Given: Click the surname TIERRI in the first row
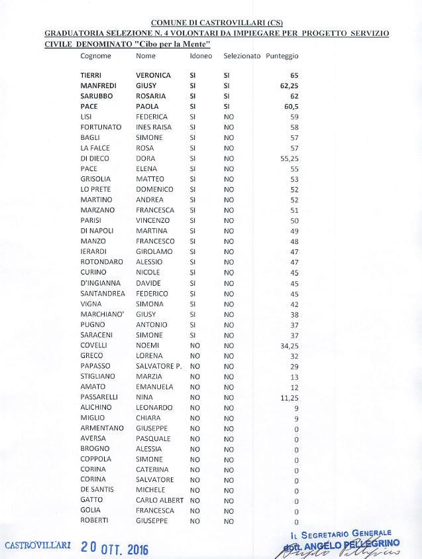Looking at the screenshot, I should [x=91, y=76].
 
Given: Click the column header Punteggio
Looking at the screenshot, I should [x=282, y=56].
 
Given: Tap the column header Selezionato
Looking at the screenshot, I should [x=242, y=56].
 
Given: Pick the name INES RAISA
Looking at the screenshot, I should [x=154, y=127].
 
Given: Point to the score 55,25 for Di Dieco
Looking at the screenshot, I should [x=290, y=159].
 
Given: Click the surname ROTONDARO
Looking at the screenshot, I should [x=101, y=262].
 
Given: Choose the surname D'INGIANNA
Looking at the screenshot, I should [x=100, y=283].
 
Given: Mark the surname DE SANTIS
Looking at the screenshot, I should [x=97, y=490].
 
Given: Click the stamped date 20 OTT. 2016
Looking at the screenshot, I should [x=115, y=548].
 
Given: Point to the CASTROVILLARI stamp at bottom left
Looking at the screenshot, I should [x=38, y=545].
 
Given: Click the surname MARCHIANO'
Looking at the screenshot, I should [x=100, y=314].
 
